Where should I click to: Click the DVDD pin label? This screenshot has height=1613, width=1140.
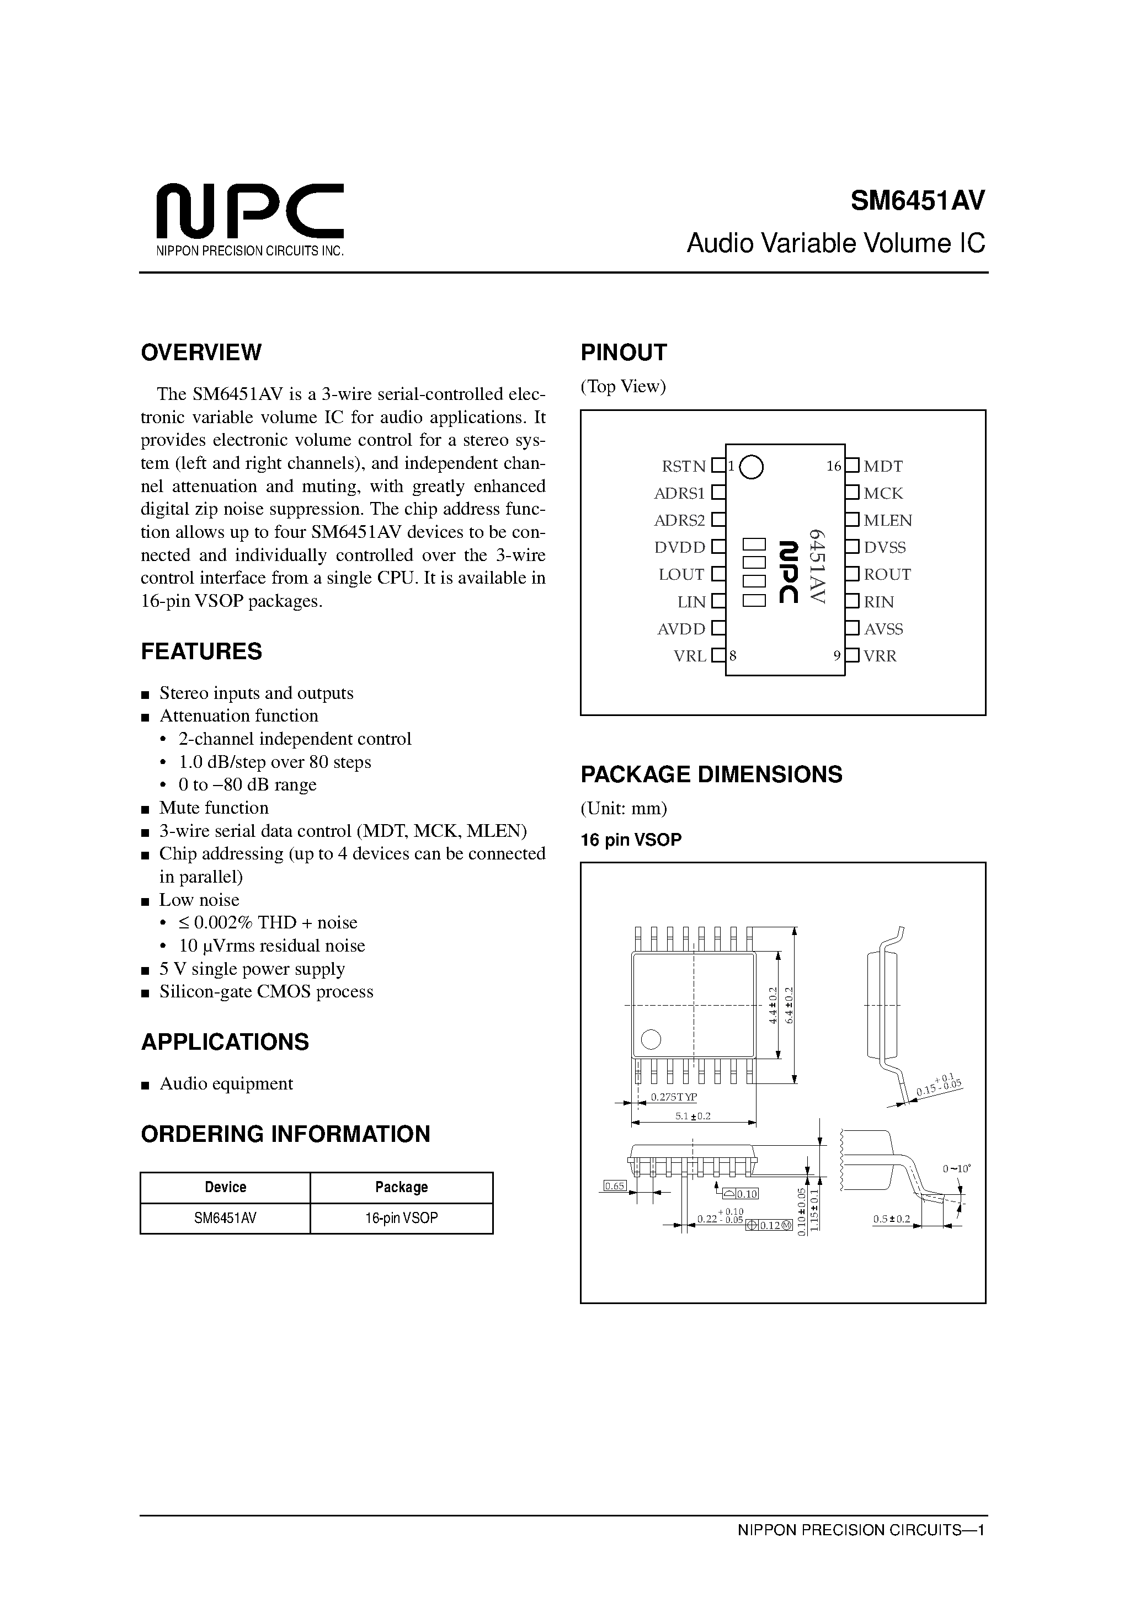click(680, 547)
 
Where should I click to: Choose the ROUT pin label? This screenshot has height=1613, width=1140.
click(887, 575)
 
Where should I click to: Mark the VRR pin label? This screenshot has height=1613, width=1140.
click(880, 656)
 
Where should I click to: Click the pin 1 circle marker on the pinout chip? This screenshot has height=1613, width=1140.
click(752, 467)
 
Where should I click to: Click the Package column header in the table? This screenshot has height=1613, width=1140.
click(401, 1187)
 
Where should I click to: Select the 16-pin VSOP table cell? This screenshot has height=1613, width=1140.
click(401, 1218)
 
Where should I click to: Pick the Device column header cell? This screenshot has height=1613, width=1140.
click(225, 1187)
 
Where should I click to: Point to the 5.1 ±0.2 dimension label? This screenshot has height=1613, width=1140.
click(693, 1117)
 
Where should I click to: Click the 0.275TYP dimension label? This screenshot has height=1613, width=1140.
click(673, 1097)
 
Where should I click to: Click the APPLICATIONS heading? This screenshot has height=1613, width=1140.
click(225, 1042)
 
